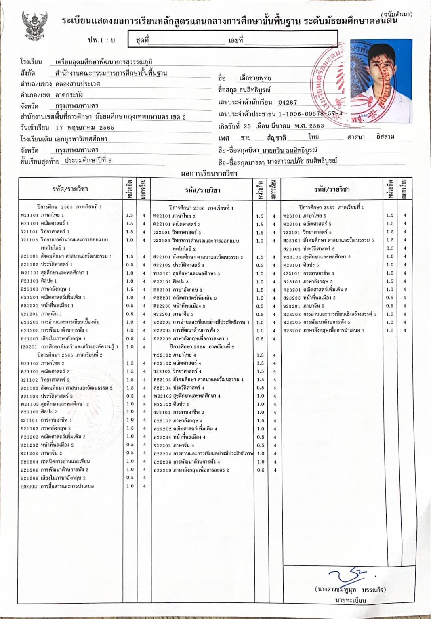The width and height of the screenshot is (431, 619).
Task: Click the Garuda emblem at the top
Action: [34, 26]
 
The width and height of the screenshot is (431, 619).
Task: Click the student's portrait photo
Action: [381, 81]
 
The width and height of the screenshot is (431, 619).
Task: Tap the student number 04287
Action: [287, 103]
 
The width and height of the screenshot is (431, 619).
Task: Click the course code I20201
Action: [29, 347]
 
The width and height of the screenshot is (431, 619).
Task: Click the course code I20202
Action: [29, 486]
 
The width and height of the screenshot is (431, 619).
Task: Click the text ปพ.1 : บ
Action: [101, 40]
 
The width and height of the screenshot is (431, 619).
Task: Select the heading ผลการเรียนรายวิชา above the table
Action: [209, 174]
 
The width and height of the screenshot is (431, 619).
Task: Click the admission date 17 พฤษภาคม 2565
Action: [85, 128]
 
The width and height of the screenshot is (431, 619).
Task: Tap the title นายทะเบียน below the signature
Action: [350, 600]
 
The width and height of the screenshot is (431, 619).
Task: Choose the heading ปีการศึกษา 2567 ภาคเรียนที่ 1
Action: [331, 207]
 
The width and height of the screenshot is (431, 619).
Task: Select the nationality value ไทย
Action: [313, 137]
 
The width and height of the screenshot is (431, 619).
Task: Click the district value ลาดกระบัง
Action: [69, 95]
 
